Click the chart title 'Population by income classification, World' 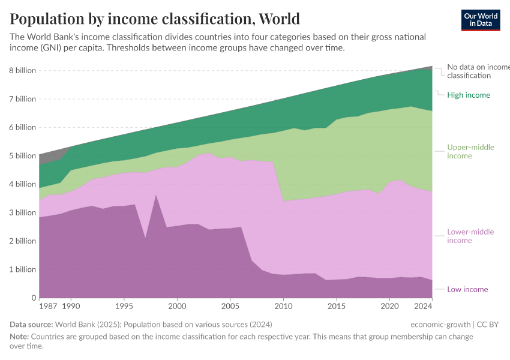pos(155,19)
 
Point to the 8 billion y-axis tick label pos(22,70)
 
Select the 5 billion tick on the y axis pos(22,155)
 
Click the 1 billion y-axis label pos(22,269)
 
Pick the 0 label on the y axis pos(34,298)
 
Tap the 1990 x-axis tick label pos(71,307)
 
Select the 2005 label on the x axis pos(230,307)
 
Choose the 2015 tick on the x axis pos(337,307)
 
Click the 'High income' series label pos(469,95)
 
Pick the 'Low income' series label pos(467,289)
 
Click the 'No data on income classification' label pos(478,71)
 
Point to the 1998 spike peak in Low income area pos(157,196)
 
